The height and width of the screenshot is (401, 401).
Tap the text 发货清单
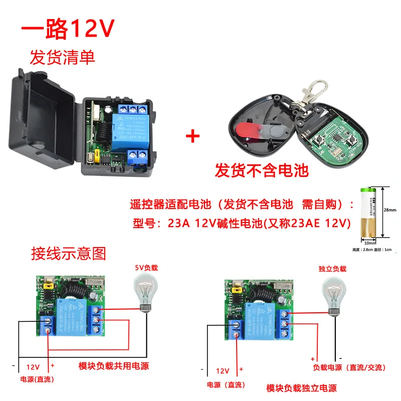click(62, 58)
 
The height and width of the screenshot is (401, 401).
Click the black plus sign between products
click(193, 136)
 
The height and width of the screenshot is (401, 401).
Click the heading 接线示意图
click(69, 253)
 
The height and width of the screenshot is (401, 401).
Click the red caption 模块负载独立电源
click(301, 387)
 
